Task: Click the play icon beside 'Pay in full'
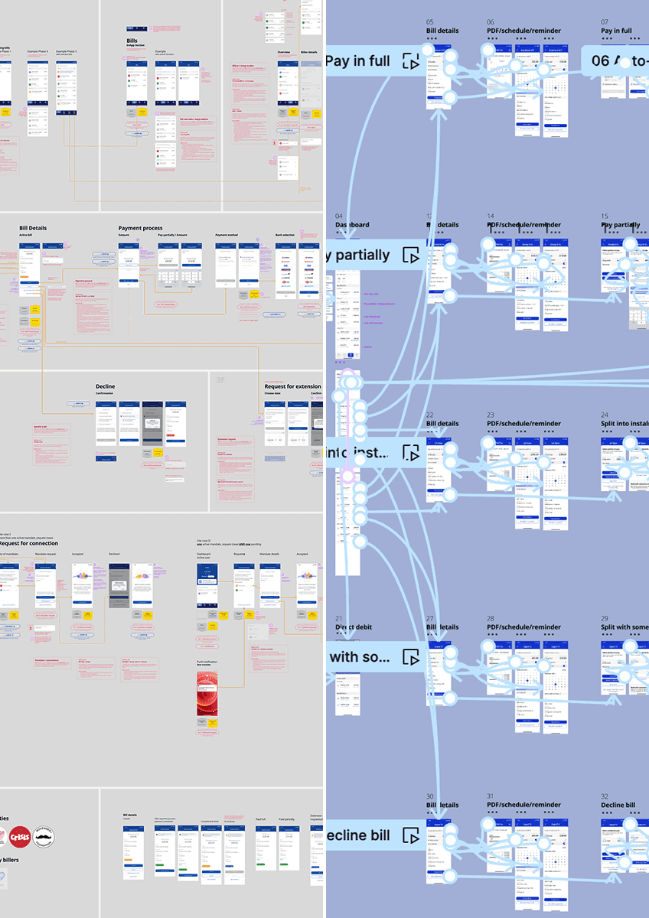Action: pos(412,61)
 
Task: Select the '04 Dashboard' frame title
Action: pos(352,225)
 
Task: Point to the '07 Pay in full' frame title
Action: pos(616,31)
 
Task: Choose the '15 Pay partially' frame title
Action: pos(620,225)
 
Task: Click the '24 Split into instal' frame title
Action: pos(625,423)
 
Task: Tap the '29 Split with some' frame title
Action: pos(625,627)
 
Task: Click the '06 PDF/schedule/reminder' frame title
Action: pos(523,31)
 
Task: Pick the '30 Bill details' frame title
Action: pos(442,805)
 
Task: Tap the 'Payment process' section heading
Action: pos(140,228)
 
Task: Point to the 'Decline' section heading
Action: pos(106,386)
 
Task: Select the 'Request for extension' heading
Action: pos(292,386)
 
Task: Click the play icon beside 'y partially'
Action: pos(412,256)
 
